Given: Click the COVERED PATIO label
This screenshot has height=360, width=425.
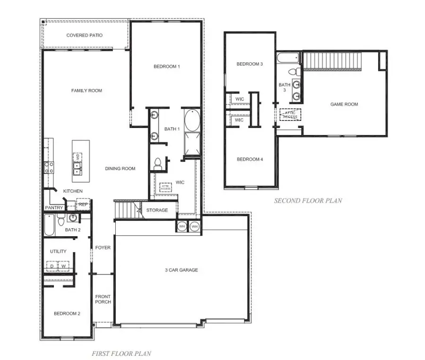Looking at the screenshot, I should click(85, 35).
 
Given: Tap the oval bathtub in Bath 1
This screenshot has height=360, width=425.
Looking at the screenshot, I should click(192, 120).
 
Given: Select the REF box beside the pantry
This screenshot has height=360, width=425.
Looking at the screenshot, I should click(83, 205).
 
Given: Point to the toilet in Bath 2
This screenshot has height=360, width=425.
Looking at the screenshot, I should click(60, 220).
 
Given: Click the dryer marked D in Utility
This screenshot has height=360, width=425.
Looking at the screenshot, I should click(52, 266).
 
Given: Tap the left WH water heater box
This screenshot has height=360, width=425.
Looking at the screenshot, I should click(182, 227).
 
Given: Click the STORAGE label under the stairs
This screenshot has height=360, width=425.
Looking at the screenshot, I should click(157, 210).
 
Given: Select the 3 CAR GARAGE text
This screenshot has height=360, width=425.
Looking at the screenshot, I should click(181, 270).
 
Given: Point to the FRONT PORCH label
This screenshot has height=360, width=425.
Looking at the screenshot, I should click(103, 300).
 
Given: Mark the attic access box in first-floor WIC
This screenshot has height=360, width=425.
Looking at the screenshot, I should click(165, 187).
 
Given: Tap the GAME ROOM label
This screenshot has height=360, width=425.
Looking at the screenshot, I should click(344, 104).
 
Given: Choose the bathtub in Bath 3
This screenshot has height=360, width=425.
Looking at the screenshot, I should click(288, 59).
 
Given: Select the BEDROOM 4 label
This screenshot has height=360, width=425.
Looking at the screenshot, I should click(250, 159).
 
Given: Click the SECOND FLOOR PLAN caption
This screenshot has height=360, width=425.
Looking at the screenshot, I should click(308, 200).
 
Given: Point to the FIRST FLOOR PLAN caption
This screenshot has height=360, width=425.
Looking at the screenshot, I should click(121, 353).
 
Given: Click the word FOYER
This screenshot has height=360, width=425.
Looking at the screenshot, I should click(102, 248).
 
